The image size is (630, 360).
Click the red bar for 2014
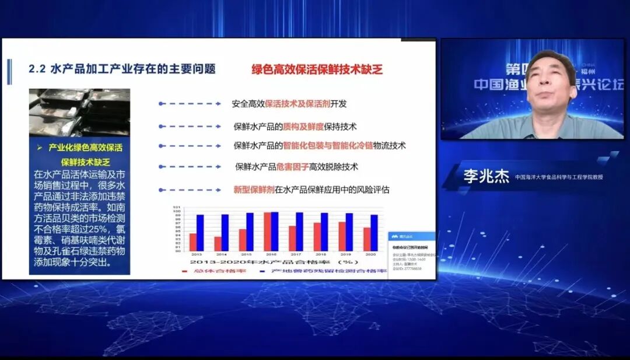(218, 243)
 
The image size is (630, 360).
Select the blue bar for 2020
(374, 233)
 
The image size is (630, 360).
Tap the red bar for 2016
(267, 232)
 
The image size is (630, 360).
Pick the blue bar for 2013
(200, 233)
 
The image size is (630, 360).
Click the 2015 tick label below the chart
(246, 255)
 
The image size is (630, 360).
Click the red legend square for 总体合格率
(184, 271)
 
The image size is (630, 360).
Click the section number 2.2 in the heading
(37, 69)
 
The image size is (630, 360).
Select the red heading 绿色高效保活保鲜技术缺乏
(317, 69)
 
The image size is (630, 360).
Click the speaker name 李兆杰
(487, 176)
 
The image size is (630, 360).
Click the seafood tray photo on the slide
(79, 113)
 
